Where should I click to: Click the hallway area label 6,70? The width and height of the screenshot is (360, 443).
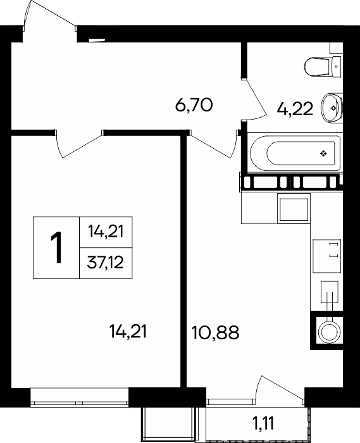pyautogui.click(x=194, y=105)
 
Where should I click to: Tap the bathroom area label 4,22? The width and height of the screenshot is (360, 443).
pyautogui.click(x=295, y=109)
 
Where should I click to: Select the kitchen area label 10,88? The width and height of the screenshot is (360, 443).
pyautogui.click(x=216, y=332)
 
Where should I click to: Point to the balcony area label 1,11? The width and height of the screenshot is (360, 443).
pyautogui.click(x=263, y=423)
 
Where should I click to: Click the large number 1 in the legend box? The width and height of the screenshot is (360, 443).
pyautogui.click(x=56, y=248)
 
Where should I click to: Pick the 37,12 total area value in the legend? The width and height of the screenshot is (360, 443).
pyautogui.click(x=106, y=263)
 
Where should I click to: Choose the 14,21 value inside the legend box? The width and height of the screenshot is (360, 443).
pyautogui.click(x=106, y=232)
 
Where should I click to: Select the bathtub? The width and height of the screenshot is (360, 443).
pyautogui.click(x=295, y=153)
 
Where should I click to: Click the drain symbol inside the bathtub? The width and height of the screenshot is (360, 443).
pyautogui.click(x=323, y=153)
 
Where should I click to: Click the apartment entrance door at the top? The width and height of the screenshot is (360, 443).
pyautogui.click(x=50, y=15)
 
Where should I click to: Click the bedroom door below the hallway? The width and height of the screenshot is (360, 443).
pyautogui.click(x=78, y=144)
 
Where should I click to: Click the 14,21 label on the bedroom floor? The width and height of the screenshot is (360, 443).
pyautogui.click(x=128, y=332)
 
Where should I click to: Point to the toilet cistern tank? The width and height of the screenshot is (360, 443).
pyautogui.click(x=337, y=66)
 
